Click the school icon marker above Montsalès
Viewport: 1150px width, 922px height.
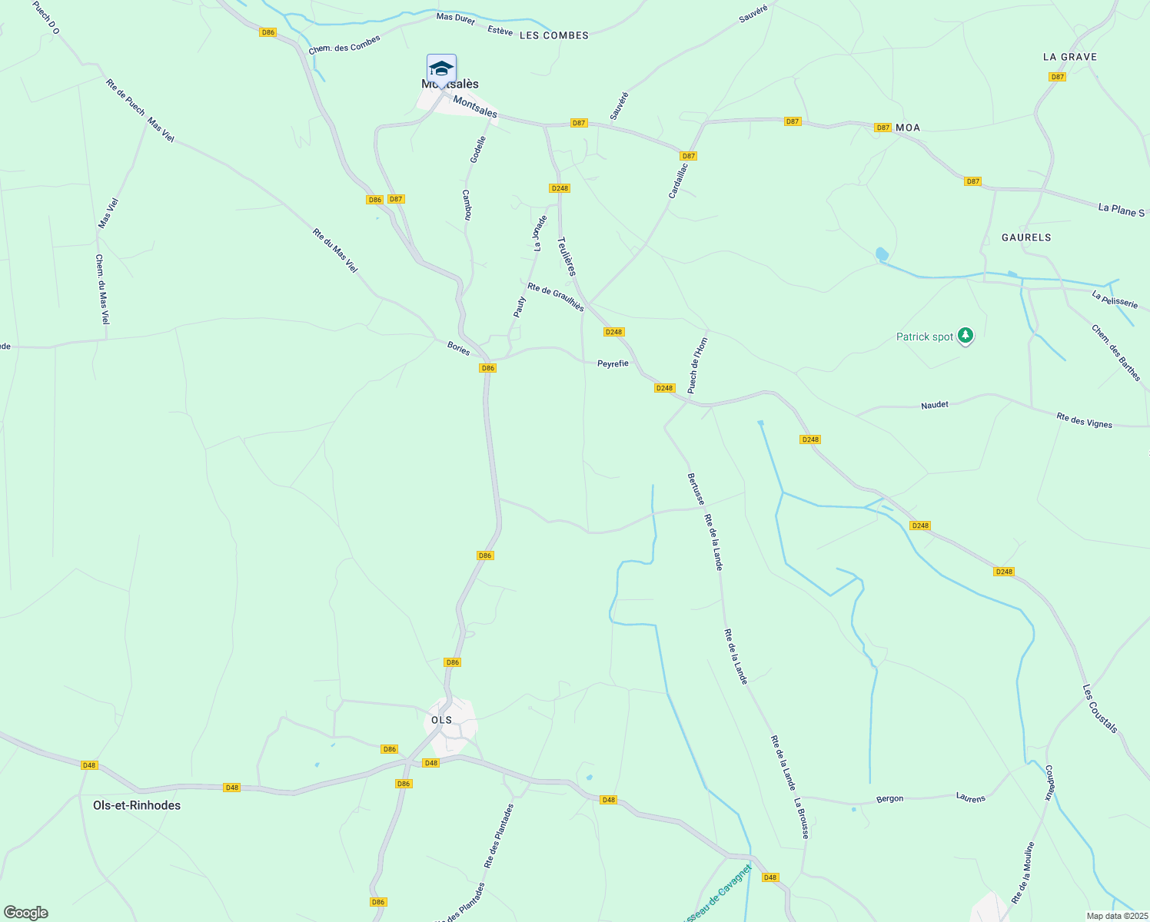tap(441, 68)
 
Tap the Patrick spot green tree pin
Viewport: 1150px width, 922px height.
tap(966, 336)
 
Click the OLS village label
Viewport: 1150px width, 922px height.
tap(442, 720)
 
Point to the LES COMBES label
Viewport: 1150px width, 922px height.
tap(554, 35)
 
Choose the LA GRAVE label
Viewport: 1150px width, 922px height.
tap(1070, 57)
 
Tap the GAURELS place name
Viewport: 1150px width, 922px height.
tap(1026, 237)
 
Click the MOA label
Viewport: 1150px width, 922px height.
tap(908, 128)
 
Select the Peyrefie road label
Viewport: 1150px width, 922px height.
tap(613, 363)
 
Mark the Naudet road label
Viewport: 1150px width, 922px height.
tap(935, 405)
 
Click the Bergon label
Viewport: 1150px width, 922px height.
tap(890, 799)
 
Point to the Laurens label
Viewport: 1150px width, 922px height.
tap(971, 798)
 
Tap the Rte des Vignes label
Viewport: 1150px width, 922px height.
tap(1084, 420)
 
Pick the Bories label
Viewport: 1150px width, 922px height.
tap(459, 348)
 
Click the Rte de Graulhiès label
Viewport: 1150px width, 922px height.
tap(555, 297)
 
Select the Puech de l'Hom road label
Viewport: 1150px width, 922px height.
tap(697, 366)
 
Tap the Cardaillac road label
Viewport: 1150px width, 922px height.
tap(678, 180)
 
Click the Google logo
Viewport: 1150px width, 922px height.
tap(26, 913)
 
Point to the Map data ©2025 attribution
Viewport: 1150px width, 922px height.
tap(1116, 916)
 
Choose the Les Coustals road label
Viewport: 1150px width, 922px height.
tap(1100, 709)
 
